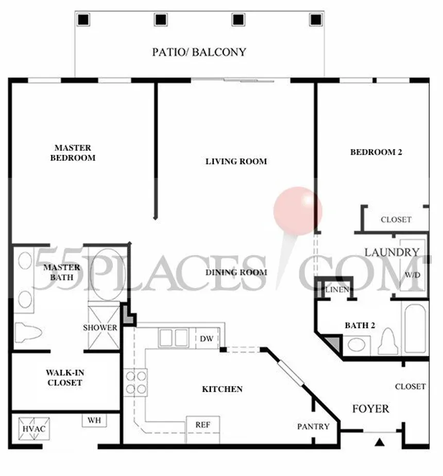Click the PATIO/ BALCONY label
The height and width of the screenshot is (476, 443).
[x=199, y=52]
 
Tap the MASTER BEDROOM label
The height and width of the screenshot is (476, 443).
[x=73, y=153]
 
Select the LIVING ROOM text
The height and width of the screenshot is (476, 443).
[x=236, y=161]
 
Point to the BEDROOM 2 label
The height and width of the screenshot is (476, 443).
[x=376, y=152]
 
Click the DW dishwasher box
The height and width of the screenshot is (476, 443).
[x=207, y=338]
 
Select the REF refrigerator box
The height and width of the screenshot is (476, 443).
[x=202, y=430]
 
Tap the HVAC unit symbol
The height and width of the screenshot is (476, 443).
[x=33, y=429]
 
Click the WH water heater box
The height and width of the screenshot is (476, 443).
[x=94, y=420]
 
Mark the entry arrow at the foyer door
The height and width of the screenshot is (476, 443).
[x=379, y=443]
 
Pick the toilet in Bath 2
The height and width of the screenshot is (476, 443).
[x=388, y=341]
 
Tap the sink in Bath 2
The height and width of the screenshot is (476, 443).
[x=356, y=345]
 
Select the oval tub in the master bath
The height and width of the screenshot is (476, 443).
[x=107, y=274]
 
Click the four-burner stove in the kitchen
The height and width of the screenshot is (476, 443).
[x=135, y=382]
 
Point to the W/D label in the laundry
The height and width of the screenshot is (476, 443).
[x=413, y=275]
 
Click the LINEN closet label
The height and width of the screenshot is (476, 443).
[x=337, y=290]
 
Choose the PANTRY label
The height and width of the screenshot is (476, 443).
[x=313, y=427]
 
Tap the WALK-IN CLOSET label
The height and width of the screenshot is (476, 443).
[x=65, y=377]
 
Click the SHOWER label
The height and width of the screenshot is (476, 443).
[x=100, y=328]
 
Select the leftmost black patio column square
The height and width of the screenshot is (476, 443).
[x=83, y=20]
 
